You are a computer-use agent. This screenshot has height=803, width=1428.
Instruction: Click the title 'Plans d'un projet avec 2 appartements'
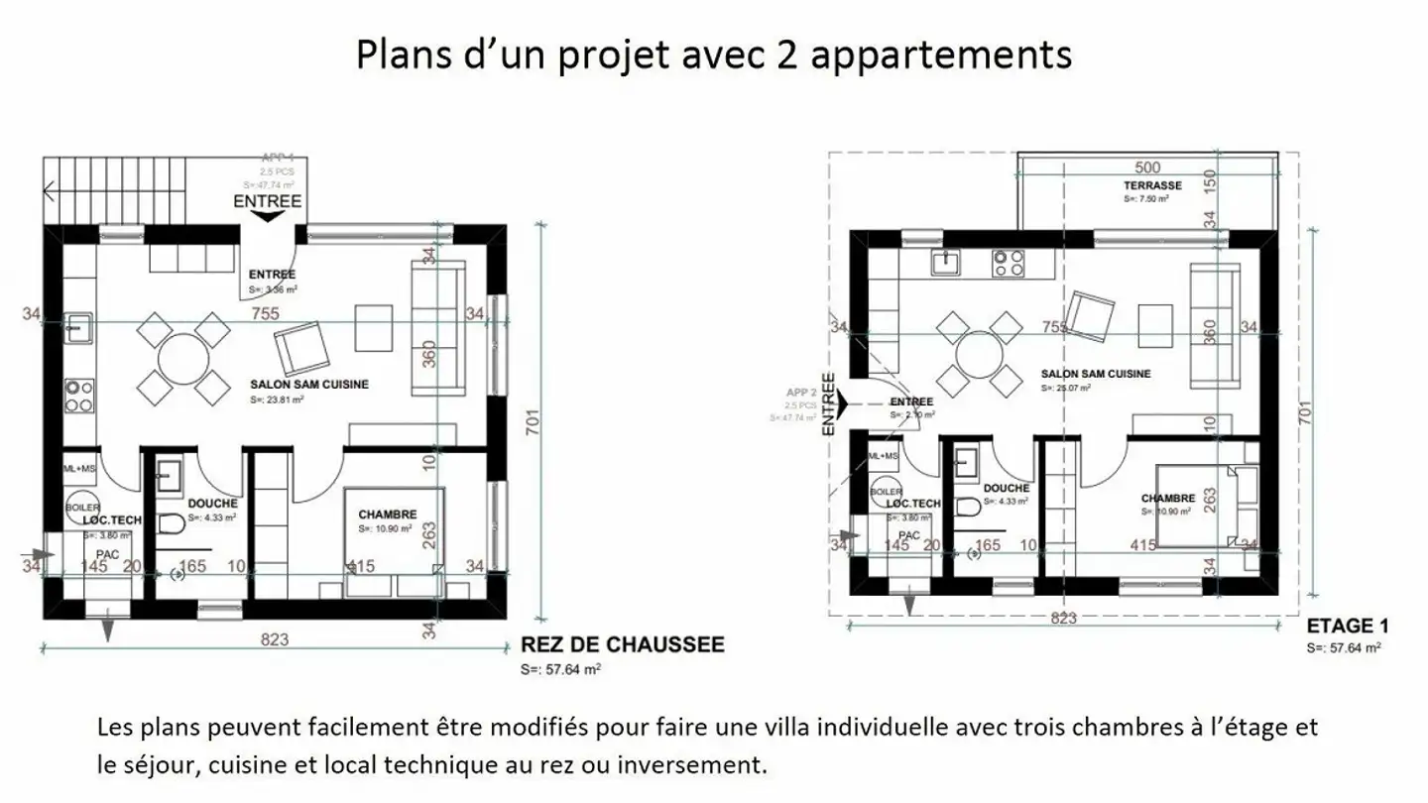point(713,54)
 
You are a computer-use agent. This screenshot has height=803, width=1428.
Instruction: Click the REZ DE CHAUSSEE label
point(622,644)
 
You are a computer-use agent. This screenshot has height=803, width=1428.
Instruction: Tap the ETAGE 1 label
point(1347,627)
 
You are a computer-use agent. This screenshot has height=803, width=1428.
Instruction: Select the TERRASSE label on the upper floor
point(1151,185)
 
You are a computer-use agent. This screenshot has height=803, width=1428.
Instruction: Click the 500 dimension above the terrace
point(1147,168)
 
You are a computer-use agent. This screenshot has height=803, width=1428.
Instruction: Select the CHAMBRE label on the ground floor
point(387,515)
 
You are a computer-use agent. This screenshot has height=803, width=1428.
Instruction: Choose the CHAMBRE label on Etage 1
point(1167,498)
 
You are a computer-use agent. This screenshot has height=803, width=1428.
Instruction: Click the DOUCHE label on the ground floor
point(212,504)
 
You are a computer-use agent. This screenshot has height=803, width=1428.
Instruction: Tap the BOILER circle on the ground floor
point(82,504)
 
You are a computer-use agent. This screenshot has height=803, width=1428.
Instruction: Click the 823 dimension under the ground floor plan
point(275,639)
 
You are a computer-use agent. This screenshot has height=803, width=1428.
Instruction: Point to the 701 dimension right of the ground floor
point(533,424)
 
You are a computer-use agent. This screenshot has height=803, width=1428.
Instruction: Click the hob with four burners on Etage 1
point(1009,262)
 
